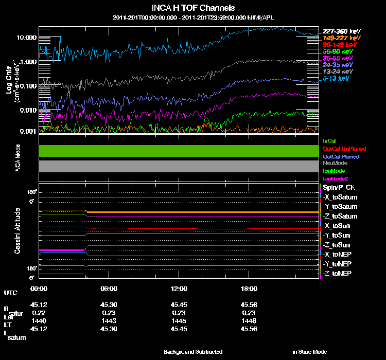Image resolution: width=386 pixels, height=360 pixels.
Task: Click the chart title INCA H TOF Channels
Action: pos(194,8)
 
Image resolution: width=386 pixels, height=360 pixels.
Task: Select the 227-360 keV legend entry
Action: pos(338,30)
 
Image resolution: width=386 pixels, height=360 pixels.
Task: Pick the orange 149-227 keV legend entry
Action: pos(338,38)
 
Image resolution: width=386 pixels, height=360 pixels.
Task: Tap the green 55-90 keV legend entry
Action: pos(338,51)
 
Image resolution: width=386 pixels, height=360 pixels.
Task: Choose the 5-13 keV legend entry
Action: pos(338,79)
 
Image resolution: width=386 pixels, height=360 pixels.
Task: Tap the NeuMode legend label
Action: pos(334,163)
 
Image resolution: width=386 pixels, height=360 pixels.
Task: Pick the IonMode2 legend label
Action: pos(336,178)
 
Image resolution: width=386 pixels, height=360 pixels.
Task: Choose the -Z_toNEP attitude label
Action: pos(338,273)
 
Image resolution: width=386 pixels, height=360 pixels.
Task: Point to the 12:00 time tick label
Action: pos(179,289)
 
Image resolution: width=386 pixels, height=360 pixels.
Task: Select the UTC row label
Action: pos(10,293)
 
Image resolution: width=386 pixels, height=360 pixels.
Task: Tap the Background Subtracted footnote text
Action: pos(193,352)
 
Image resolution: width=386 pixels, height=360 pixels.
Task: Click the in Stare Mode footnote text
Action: pos(309,352)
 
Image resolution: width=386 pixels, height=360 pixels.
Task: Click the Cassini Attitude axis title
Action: pos(17,231)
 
